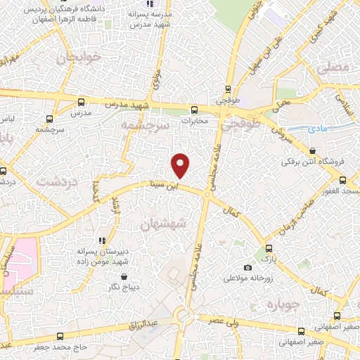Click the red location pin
[x=181, y=165]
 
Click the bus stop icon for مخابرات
[x=195, y=109]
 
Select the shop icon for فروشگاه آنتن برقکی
[x=311, y=151]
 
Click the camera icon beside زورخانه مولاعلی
[x=247, y=267]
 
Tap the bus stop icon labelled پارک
[x=267, y=249]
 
